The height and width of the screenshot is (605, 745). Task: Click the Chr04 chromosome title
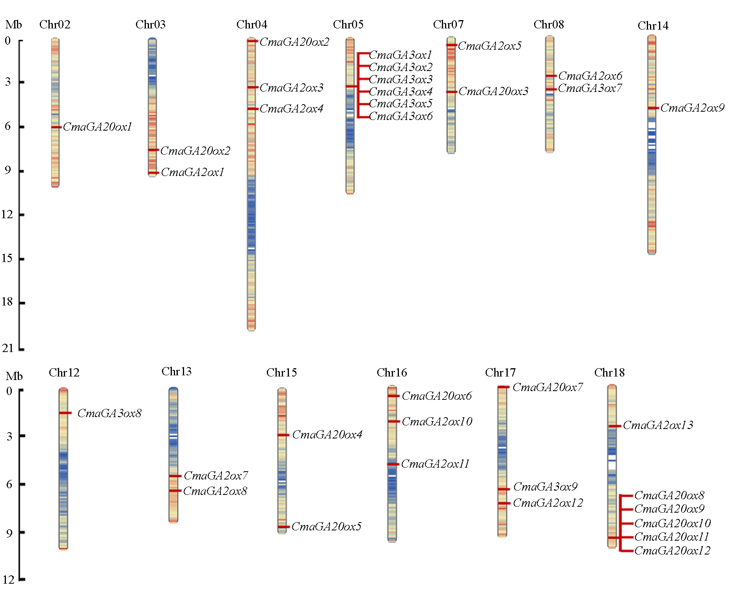click(x=252, y=24)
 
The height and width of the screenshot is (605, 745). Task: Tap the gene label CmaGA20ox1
click(x=97, y=127)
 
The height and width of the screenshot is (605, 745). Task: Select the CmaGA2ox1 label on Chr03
click(x=192, y=172)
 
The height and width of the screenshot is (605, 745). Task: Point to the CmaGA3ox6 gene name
click(x=400, y=116)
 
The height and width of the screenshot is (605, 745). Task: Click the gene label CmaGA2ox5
click(x=490, y=46)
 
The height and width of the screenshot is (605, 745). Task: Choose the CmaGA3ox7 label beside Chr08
click(x=590, y=88)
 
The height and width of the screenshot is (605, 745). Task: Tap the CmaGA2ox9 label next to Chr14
click(x=693, y=108)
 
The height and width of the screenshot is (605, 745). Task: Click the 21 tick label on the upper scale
click(x=8, y=348)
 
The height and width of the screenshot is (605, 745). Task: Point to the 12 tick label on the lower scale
click(x=9, y=579)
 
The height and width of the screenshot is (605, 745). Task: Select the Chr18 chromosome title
click(x=609, y=373)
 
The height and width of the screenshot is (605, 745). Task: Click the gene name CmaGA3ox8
click(x=110, y=413)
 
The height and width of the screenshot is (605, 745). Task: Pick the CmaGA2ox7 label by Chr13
click(x=216, y=476)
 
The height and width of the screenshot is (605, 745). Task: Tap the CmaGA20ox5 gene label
click(x=326, y=526)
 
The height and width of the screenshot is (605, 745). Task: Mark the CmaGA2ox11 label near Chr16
click(x=435, y=464)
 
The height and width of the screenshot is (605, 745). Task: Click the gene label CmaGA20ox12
click(x=672, y=551)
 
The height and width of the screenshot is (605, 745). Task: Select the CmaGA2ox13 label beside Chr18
click(x=658, y=425)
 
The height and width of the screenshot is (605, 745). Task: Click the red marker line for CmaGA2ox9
click(x=653, y=108)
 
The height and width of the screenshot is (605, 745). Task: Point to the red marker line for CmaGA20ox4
click(x=283, y=435)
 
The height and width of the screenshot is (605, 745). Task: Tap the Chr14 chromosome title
click(x=653, y=26)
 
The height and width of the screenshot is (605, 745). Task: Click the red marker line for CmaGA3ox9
click(x=504, y=489)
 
